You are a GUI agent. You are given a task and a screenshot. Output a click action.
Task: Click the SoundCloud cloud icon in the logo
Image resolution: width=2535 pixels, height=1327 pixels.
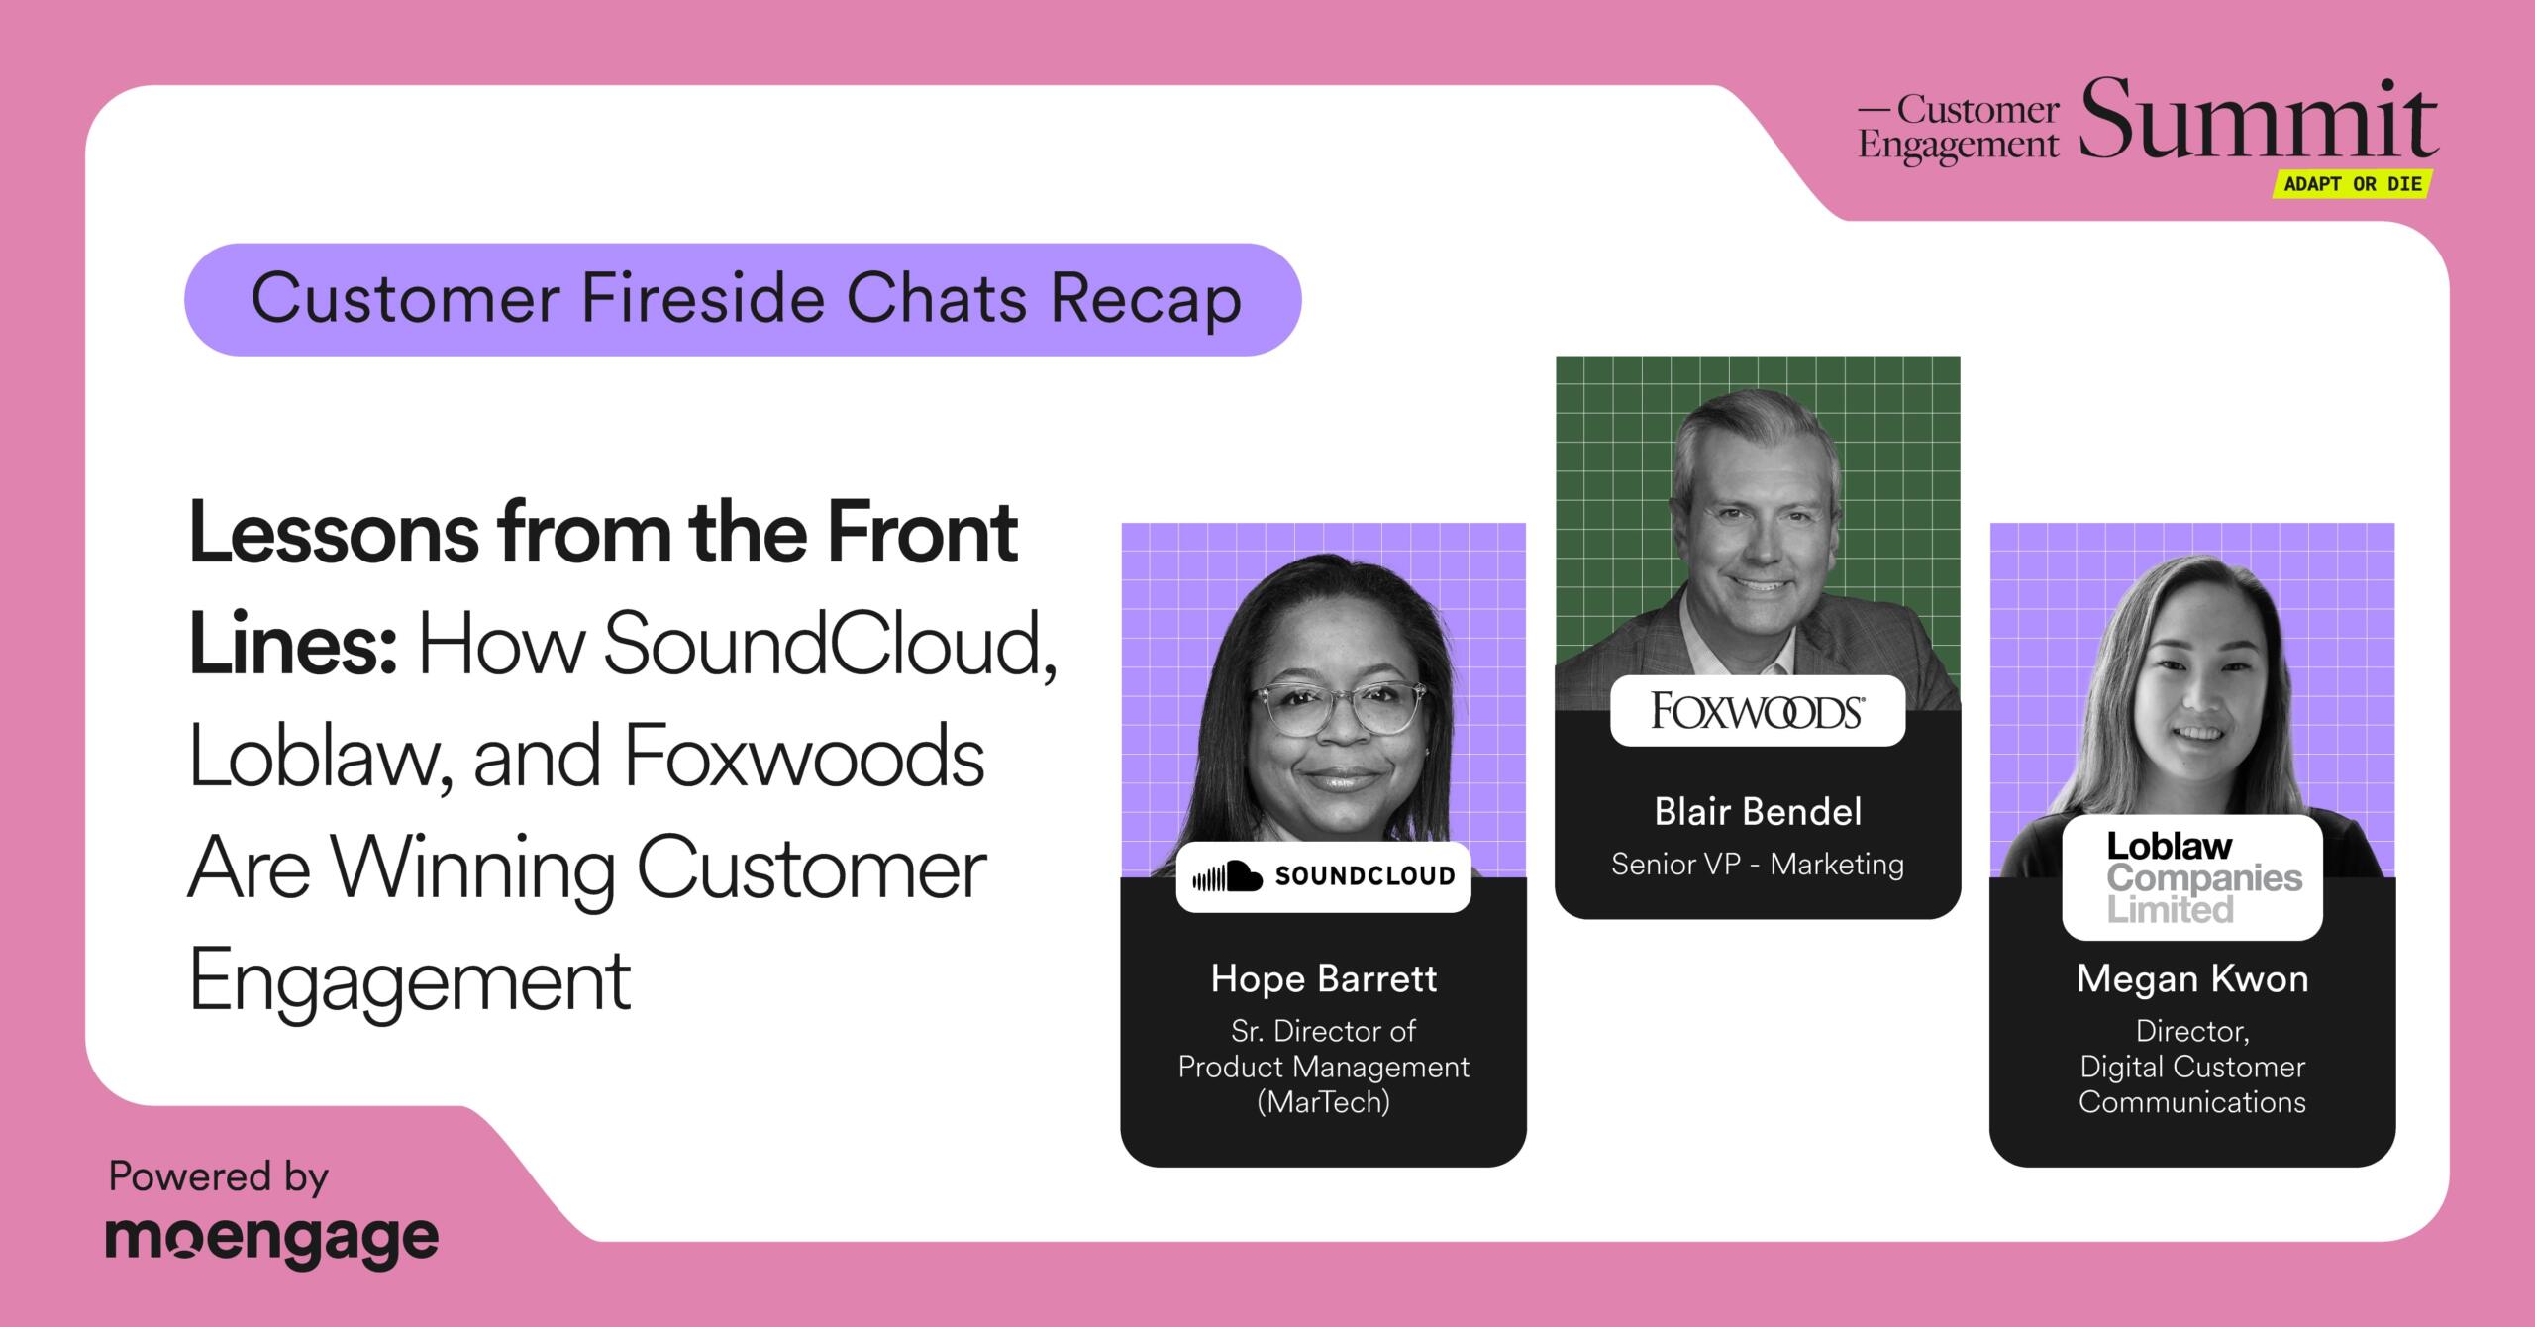tap(1227, 876)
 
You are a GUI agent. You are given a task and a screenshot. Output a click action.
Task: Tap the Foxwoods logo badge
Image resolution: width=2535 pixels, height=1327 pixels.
tap(1758, 711)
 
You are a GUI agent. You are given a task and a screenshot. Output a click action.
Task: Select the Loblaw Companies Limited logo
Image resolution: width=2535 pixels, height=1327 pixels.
tap(2192, 877)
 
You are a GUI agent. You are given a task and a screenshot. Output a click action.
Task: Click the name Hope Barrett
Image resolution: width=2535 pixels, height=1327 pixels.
tap(1323, 978)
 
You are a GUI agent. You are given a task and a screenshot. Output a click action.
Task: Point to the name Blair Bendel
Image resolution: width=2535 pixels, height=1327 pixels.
tap(1758, 812)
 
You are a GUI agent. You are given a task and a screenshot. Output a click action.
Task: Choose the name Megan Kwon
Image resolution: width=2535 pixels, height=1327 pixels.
tap(2192, 978)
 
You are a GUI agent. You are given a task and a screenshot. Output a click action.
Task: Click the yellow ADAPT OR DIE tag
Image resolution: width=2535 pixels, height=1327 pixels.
tap(2352, 184)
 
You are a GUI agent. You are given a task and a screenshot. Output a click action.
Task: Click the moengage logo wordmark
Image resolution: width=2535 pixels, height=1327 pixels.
tap(272, 1241)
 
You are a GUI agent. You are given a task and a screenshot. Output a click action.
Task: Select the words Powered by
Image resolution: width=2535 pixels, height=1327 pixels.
tap(218, 1176)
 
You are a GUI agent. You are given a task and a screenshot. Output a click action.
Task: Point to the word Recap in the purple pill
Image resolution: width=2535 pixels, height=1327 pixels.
tap(1146, 300)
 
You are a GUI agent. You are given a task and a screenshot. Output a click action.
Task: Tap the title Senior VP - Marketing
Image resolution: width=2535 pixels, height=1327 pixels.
tap(1758, 865)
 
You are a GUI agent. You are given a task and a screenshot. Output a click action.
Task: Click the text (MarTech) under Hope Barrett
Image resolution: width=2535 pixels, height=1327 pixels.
tap(1323, 1102)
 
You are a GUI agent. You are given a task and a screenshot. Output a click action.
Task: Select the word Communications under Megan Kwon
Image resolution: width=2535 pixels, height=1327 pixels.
tap(2192, 1102)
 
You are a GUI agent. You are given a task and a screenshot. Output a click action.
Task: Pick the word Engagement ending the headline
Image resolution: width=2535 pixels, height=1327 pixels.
tap(410, 981)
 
